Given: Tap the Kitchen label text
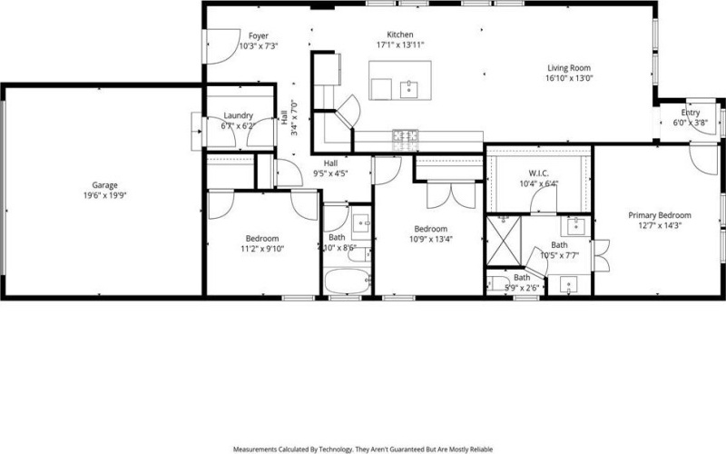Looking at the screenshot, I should coord(400,34).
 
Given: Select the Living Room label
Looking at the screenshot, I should coord(569,67).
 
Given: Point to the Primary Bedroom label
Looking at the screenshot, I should coord(660,215).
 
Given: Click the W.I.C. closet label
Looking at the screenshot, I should coord(539,173).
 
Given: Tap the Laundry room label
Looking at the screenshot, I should coord(238,116).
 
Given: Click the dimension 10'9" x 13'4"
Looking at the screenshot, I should coord(430,240).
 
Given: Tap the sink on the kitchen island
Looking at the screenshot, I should coord(407,89).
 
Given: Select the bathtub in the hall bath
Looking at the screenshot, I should coord(348,282).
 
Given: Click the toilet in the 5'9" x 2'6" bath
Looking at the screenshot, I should coord(493,283).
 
